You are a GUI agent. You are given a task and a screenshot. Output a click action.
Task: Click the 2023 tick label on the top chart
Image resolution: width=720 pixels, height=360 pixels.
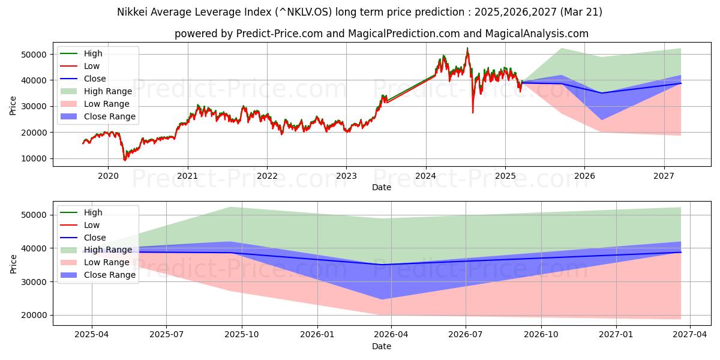coord(346,176)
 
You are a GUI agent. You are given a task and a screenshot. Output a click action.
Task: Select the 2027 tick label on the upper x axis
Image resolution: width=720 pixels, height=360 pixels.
coord(664,176)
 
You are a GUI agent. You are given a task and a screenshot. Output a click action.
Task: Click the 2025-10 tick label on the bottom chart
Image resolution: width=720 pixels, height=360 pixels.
coord(242,334)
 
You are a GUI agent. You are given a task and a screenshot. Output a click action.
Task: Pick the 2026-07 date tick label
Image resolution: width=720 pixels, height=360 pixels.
coord(466,334)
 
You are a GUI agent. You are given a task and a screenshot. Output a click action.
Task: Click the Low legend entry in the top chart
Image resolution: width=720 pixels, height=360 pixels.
coord(92,66)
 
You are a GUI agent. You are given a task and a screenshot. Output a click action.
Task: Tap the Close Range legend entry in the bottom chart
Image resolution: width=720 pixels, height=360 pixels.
coord(110,275)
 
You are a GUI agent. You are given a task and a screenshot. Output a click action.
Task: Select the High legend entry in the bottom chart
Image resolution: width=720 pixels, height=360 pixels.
coord(93,212)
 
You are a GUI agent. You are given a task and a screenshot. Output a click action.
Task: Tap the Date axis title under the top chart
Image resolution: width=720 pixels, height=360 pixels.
coord(381,187)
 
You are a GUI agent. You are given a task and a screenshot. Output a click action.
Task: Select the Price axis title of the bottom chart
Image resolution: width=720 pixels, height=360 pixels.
coord(13,263)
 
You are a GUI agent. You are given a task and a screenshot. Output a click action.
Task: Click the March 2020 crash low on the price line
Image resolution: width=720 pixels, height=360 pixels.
coord(125,160)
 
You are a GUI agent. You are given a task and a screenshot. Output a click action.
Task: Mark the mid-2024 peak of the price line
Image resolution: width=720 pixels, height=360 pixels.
coord(467,49)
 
